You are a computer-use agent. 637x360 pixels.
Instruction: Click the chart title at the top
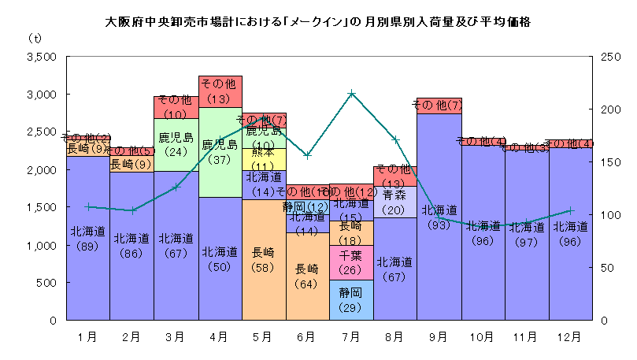[317, 22]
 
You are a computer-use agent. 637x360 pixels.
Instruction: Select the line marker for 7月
[352, 93]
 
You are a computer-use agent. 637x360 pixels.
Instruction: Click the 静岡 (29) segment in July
[352, 299]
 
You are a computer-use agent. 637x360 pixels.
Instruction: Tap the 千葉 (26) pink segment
[352, 262]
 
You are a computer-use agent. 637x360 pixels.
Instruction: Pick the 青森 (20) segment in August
[395, 202]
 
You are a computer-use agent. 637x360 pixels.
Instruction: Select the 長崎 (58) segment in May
[264, 260]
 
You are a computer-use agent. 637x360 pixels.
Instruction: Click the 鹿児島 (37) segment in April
[220, 151]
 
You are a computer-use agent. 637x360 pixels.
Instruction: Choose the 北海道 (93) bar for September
[439, 217]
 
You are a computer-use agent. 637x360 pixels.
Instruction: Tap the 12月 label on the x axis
[572, 336]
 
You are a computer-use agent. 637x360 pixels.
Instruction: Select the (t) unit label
[36, 38]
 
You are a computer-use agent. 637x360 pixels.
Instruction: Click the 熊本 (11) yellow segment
[264, 159]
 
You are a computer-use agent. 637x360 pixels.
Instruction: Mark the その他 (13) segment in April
[220, 91]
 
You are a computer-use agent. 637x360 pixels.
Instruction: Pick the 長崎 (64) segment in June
[308, 276]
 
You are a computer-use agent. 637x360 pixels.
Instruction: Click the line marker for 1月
[88, 206]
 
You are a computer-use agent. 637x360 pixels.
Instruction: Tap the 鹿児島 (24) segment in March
[176, 144]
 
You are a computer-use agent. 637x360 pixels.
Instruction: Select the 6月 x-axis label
[308, 336]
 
